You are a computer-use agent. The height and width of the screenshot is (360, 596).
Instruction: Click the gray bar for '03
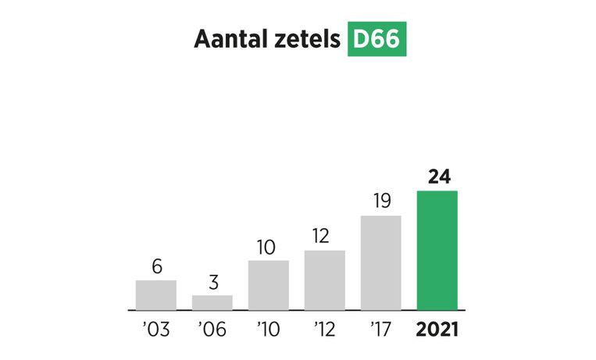155,294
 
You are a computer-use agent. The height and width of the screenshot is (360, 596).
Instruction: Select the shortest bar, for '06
212,302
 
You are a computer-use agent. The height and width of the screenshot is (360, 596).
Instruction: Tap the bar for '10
268,284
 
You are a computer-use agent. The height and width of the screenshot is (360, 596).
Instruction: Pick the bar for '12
324,280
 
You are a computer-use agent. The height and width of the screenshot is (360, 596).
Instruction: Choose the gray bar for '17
380,262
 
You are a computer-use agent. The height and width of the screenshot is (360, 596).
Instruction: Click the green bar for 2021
437,250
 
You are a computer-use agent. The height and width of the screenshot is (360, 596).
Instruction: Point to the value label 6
156,266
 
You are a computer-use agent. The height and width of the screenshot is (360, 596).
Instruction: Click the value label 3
212,282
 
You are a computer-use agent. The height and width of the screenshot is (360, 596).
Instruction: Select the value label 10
268,247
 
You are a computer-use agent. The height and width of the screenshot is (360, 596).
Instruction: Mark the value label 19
380,201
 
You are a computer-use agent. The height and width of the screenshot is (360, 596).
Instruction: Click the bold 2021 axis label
437,329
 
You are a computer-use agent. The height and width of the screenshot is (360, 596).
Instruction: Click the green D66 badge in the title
377,39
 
